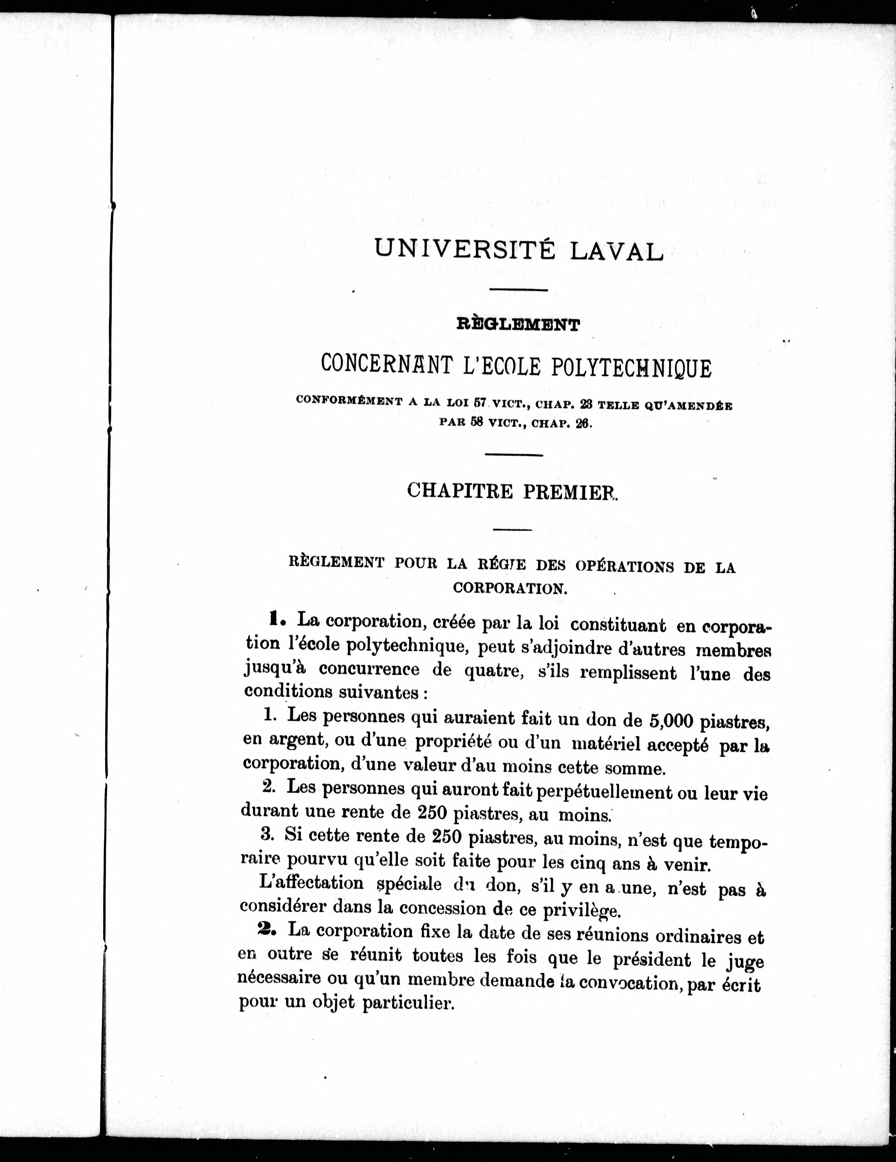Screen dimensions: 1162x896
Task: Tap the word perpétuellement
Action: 604,793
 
